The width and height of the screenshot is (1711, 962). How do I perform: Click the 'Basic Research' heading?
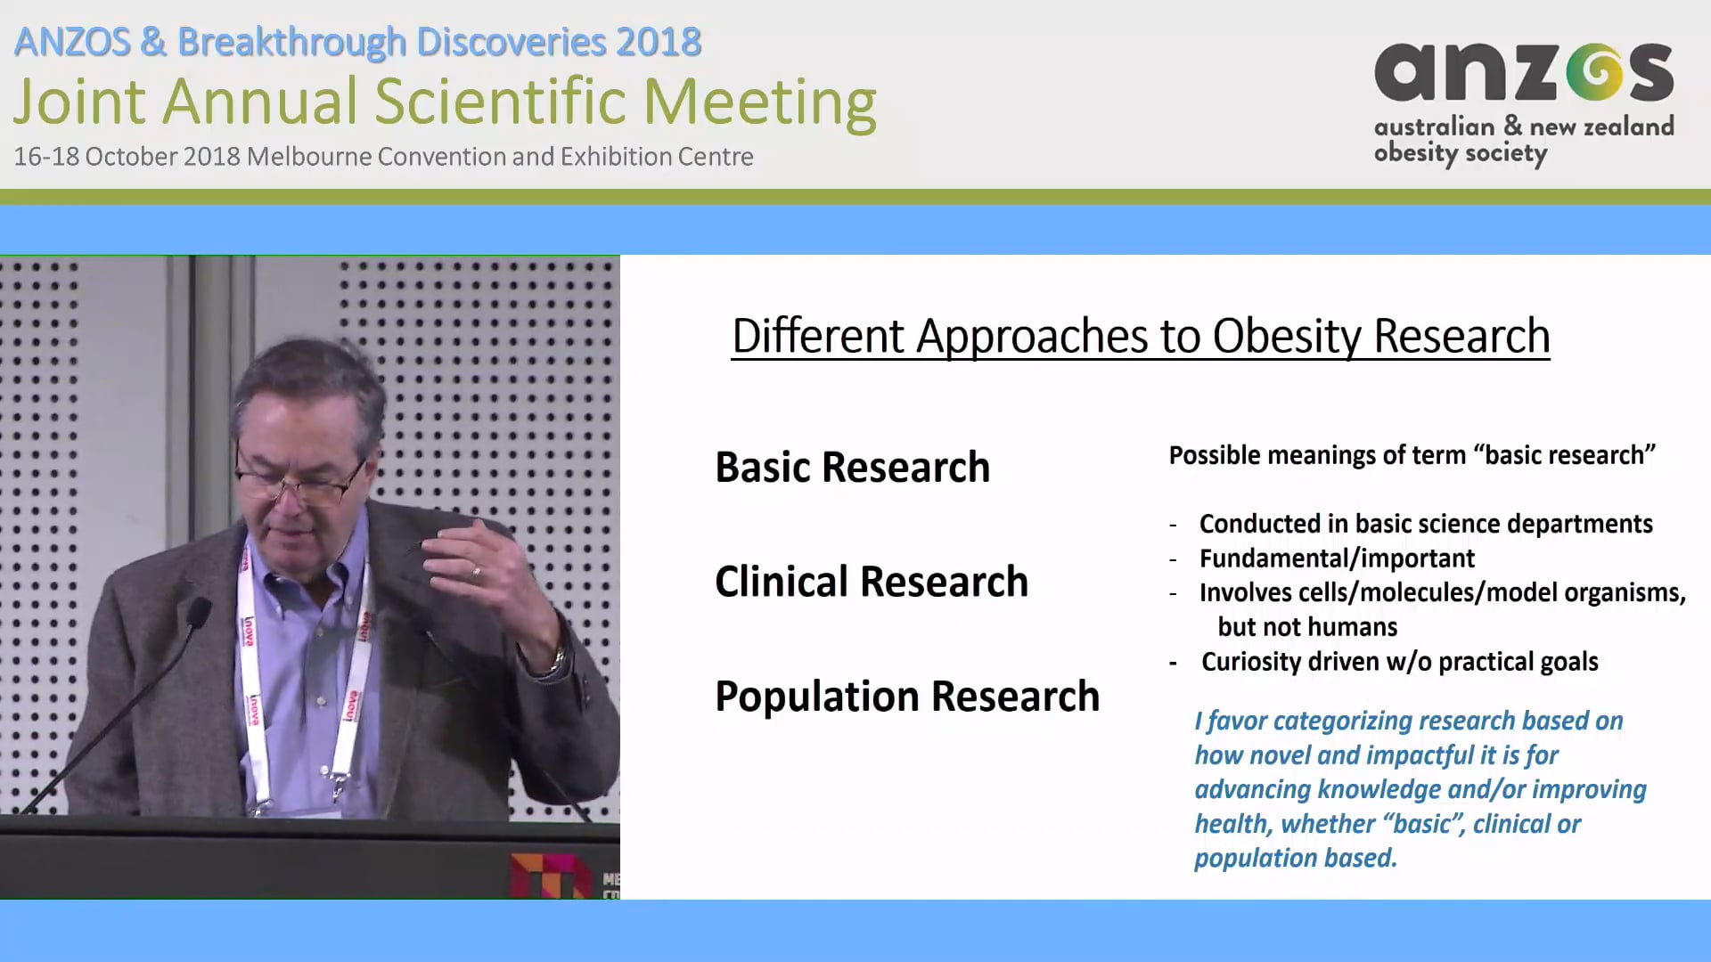[x=852, y=468]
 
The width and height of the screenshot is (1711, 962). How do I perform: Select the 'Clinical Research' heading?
[x=871, y=582]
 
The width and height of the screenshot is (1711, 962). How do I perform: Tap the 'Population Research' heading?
[x=906, y=697]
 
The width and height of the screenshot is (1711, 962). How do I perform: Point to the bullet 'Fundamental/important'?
[x=1336, y=558]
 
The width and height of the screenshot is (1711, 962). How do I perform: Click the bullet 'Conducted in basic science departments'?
[x=1425, y=524]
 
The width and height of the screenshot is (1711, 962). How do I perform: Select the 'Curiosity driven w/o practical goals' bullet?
[x=1399, y=662]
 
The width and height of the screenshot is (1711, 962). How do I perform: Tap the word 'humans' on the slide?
[x=1353, y=627]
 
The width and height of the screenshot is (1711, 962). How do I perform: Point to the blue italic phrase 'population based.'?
[x=1295, y=858]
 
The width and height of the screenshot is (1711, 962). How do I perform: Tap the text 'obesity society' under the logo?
[x=1460, y=154]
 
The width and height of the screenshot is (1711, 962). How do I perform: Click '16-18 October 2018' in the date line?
[x=127, y=157]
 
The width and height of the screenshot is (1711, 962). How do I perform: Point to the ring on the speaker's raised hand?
[x=476, y=573]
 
